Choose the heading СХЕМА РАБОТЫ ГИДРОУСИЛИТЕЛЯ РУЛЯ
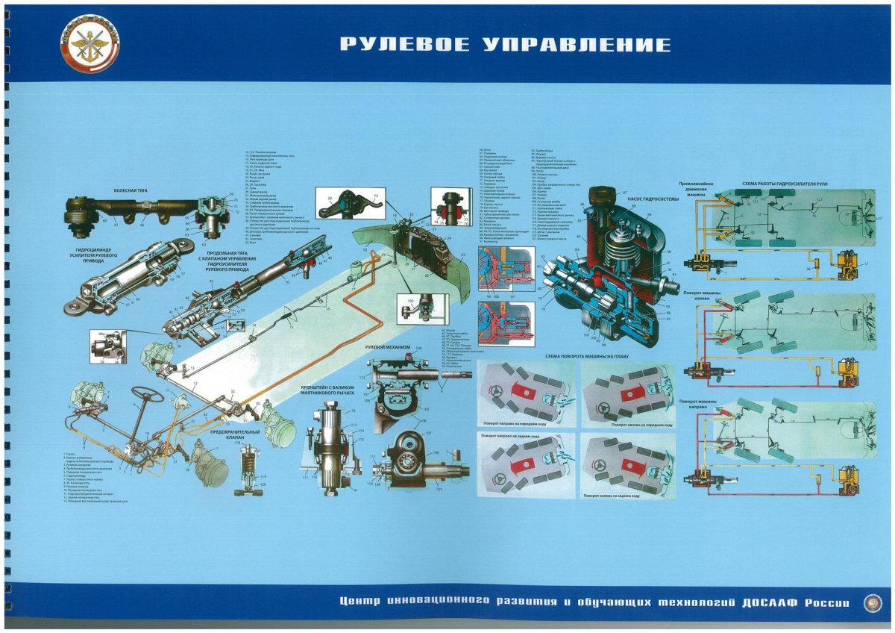pyautogui.click(x=785, y=182)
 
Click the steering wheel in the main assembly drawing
pyautogui.click(x=148, y=394)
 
